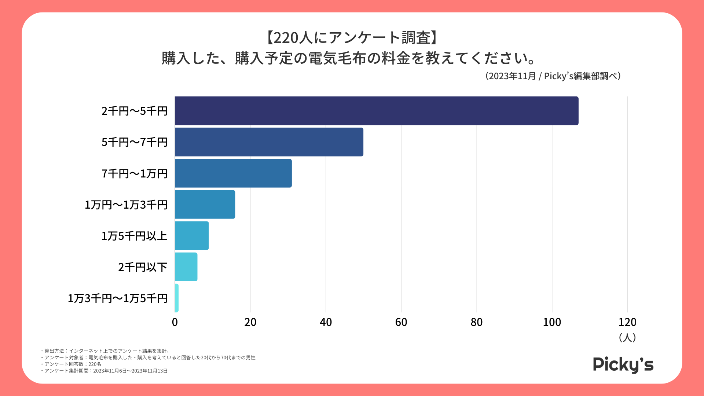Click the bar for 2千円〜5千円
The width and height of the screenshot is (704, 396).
(x=377, y=111)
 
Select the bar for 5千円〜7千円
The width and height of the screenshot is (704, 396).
(x=269, y=142)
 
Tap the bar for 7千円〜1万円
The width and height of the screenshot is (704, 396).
(x=233, y=173)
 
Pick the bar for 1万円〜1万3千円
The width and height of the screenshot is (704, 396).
(x=205, y=204)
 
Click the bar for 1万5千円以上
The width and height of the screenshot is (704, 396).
(x=192, y=235)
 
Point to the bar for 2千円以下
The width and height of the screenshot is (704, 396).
(x=186, y=267)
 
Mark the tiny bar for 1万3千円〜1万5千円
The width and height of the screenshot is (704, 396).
(x=177, y=298)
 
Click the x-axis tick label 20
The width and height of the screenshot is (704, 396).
(x=250, y=322)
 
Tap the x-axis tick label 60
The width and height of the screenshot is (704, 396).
(x=401, y=322)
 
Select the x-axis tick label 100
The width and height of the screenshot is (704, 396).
(x=552, y=322)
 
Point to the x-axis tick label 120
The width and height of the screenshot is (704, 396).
(x=627, y=322)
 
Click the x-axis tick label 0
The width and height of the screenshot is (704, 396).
(x=175, y=322)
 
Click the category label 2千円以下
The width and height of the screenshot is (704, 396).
(x=143, y=267)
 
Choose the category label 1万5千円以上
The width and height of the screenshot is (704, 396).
(x=134, y=236)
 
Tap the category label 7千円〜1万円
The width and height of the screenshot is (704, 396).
(x=134, y=173)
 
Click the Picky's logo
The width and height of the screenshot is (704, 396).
(x=623, y=365)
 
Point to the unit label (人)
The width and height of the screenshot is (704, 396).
(x=627, y=337)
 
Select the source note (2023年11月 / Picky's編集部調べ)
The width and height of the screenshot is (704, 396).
(x=553, y=76)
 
